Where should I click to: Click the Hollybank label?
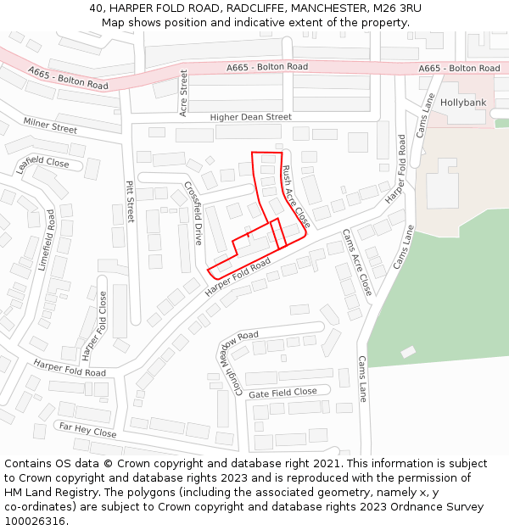click(x=462, y=103)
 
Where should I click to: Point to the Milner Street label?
click(x=50, y=126)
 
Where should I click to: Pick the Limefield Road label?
click(x=46, y=240)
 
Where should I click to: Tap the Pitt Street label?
click(x=130, y=201)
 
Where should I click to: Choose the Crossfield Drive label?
click(x=193, y=212)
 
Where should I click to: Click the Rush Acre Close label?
click(x=296, y=198)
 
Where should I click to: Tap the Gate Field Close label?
click(x=282, y=393)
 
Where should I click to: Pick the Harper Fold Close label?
click(x=93, y=326)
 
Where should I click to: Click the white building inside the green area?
click(x=408, y=351)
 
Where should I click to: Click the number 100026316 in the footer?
click(x=36, y=522)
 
